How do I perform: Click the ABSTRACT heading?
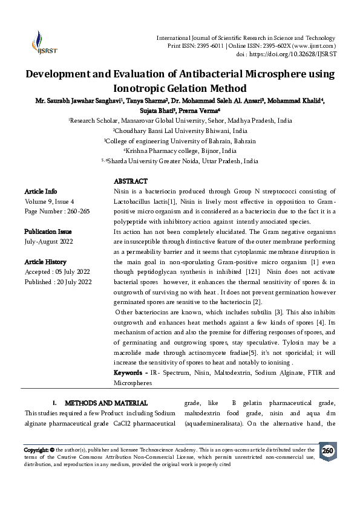(130, 181)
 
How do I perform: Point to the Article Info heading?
(41, 191)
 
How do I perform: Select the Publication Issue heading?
(48, 232)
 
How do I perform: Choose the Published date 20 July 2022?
(73, 282)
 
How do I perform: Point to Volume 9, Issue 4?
(49, 201)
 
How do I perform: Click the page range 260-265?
(76, 211)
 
